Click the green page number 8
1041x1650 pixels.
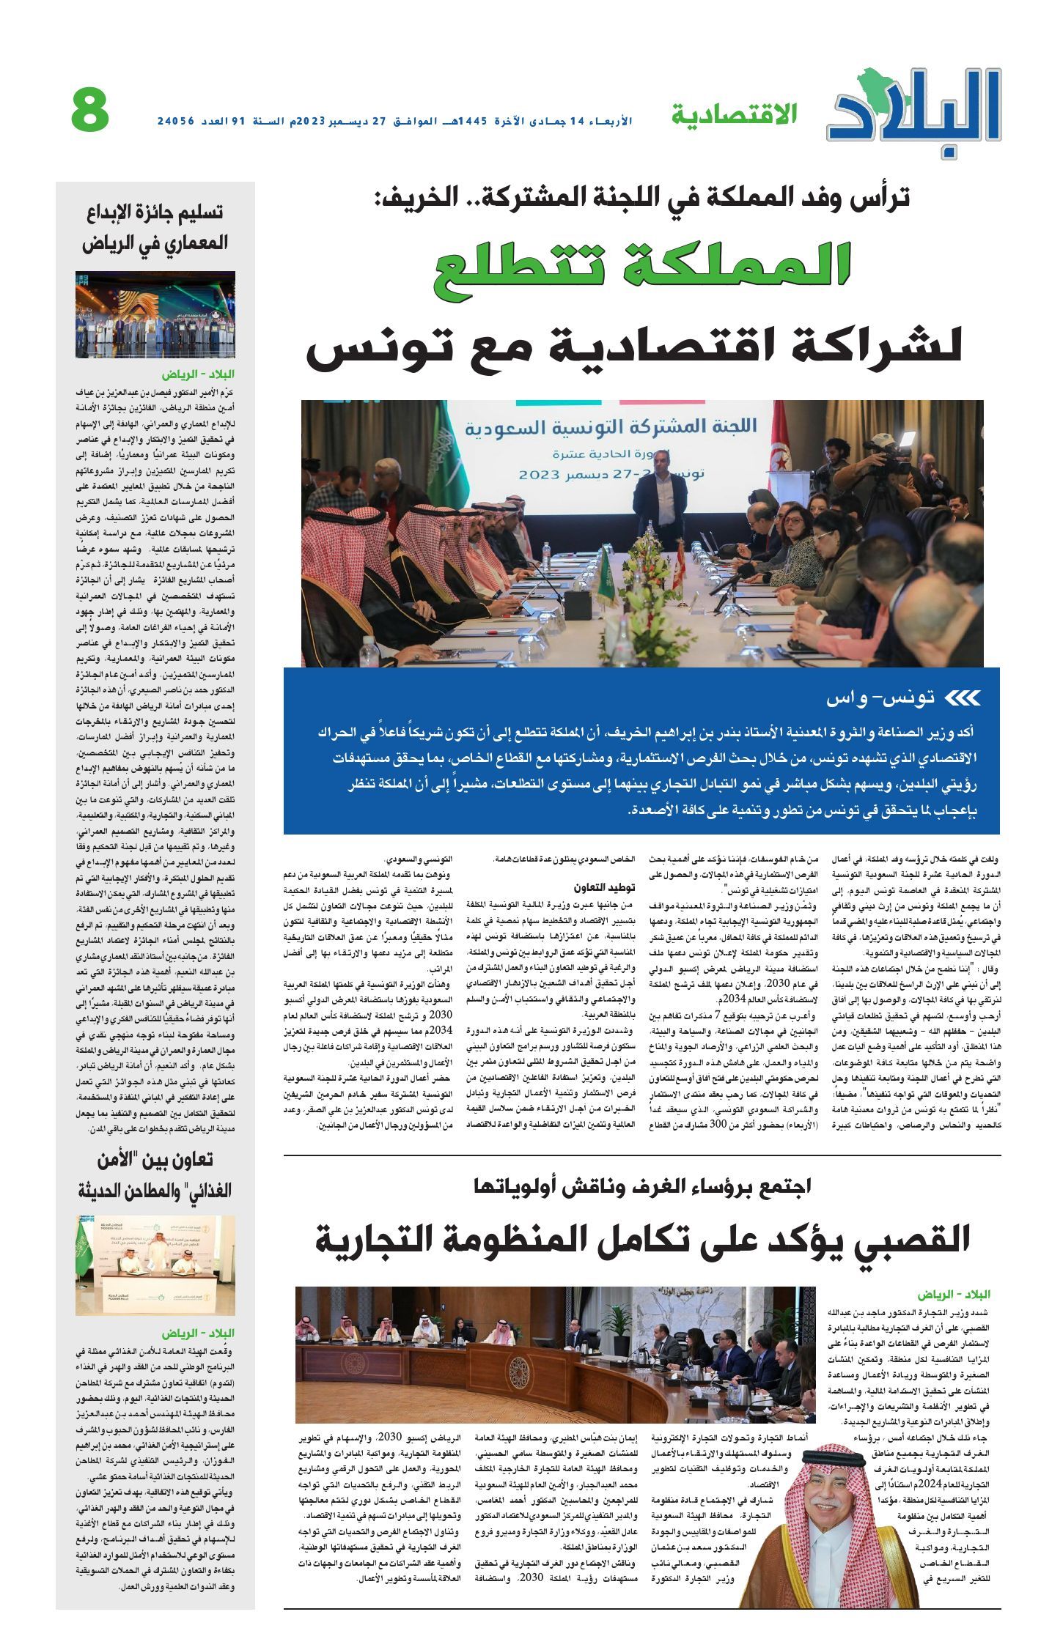tap(90, 111)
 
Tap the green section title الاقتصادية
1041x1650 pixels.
tap(734, 114)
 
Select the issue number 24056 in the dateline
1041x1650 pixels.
tap(177, 119)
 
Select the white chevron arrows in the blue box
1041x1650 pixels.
tap(962, 698)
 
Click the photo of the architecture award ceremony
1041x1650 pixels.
tap(155, 314)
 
